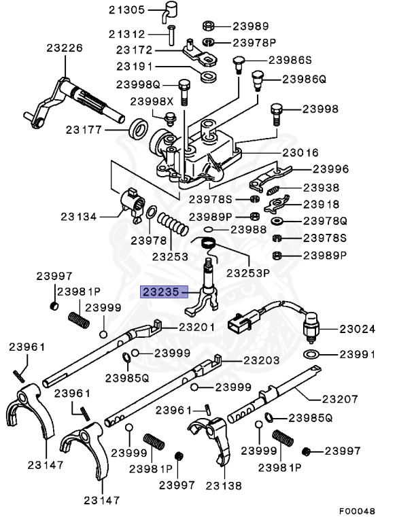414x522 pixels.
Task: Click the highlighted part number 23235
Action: coord(161,292)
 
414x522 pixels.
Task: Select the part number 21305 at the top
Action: coord(126,10)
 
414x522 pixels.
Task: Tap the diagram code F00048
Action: coord(358,510)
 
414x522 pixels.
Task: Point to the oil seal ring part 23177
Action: coord(140,128)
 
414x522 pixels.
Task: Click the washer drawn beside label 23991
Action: coord(312,354)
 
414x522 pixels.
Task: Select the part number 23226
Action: coord(65,48)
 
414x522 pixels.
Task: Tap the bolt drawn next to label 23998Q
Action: coord(182,89)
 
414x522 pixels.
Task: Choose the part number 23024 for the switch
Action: coord(358,329)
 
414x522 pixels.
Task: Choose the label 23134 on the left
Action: coord(78,217)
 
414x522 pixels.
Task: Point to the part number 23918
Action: coord(320,204)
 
